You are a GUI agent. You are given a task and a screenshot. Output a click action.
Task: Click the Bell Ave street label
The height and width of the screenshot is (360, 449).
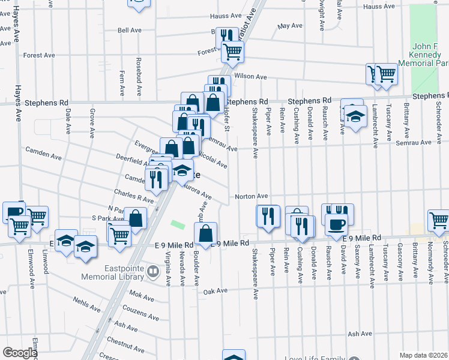pyautogui.click(x=129, y=29)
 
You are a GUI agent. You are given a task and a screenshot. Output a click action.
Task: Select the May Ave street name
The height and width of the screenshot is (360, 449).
pyautogui.click(x=290, y=26)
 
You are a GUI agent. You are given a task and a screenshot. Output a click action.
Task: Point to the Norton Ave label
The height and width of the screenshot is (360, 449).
pyautogui.click(x=251, y=196)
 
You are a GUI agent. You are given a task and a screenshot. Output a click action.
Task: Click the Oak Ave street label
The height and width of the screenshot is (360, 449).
pyautogui.click(x=215, y=291)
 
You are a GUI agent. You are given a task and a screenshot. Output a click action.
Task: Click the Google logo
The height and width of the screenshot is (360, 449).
pyautogui.click(x=20, y=353)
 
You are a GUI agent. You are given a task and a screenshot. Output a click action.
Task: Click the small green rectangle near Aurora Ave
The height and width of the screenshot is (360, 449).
pyautogui.click(x=178, y=224)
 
